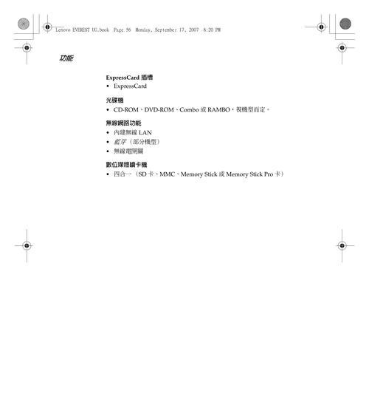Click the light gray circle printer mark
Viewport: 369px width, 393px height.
tap(24, 24)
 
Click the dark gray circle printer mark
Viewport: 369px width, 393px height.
tap(345, 24)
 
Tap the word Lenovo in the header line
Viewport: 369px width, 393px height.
tap(63, 30)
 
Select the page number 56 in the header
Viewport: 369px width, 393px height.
tap(128, 30)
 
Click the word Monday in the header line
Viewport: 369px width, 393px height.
tap(144, 30)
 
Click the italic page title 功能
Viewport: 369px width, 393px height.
tap(66, 58)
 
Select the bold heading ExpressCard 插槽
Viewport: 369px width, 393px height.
tap(129, 78)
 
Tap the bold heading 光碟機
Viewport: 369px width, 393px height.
tap(114, 100)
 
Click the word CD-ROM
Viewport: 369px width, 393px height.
tap(126, 110)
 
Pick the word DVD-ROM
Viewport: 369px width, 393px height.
tap(159, 110)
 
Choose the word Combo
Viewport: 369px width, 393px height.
tap(189, 110)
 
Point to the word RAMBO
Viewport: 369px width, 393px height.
tap(218, 110)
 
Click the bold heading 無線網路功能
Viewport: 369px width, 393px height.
tap(124, 123)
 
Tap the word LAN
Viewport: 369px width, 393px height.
tap(145, 132)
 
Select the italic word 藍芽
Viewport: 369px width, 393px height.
tap(120, 142)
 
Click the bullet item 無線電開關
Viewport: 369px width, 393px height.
tap(128, 151)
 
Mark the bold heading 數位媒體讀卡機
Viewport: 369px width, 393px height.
tap(126, 165)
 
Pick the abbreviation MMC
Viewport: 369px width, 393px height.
tap(167, 174)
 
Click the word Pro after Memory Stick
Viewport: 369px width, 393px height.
tap(269, 174)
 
